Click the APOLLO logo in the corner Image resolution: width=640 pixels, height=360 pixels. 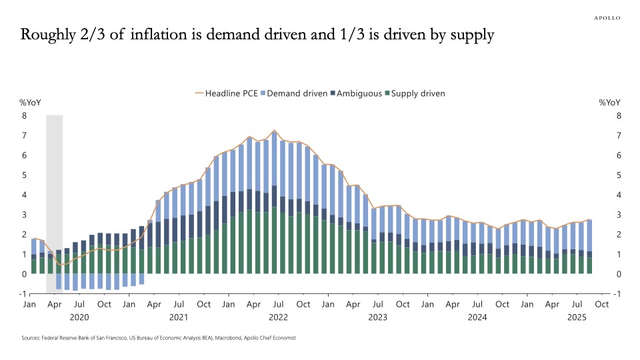[607, 18]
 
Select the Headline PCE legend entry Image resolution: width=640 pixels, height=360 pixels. [227, 93]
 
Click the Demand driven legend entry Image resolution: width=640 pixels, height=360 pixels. [297, 93]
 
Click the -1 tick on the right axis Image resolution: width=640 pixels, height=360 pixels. [619, 294]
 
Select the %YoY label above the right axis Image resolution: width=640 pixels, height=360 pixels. [610, 103]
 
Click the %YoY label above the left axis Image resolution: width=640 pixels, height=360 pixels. [29, 103]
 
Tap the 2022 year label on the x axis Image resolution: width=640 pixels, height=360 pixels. [278, 318]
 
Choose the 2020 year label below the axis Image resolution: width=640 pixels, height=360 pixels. [79, 318]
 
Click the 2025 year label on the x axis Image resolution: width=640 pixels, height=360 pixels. [577, 318]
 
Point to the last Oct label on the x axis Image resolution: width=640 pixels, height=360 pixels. [601, 305]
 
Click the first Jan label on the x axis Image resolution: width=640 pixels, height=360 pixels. [29, 305]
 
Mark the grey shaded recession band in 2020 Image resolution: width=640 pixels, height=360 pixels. [54, 200]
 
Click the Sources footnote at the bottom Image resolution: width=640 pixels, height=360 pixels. [159, 338]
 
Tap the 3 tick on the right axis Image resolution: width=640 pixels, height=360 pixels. [619, 215]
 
